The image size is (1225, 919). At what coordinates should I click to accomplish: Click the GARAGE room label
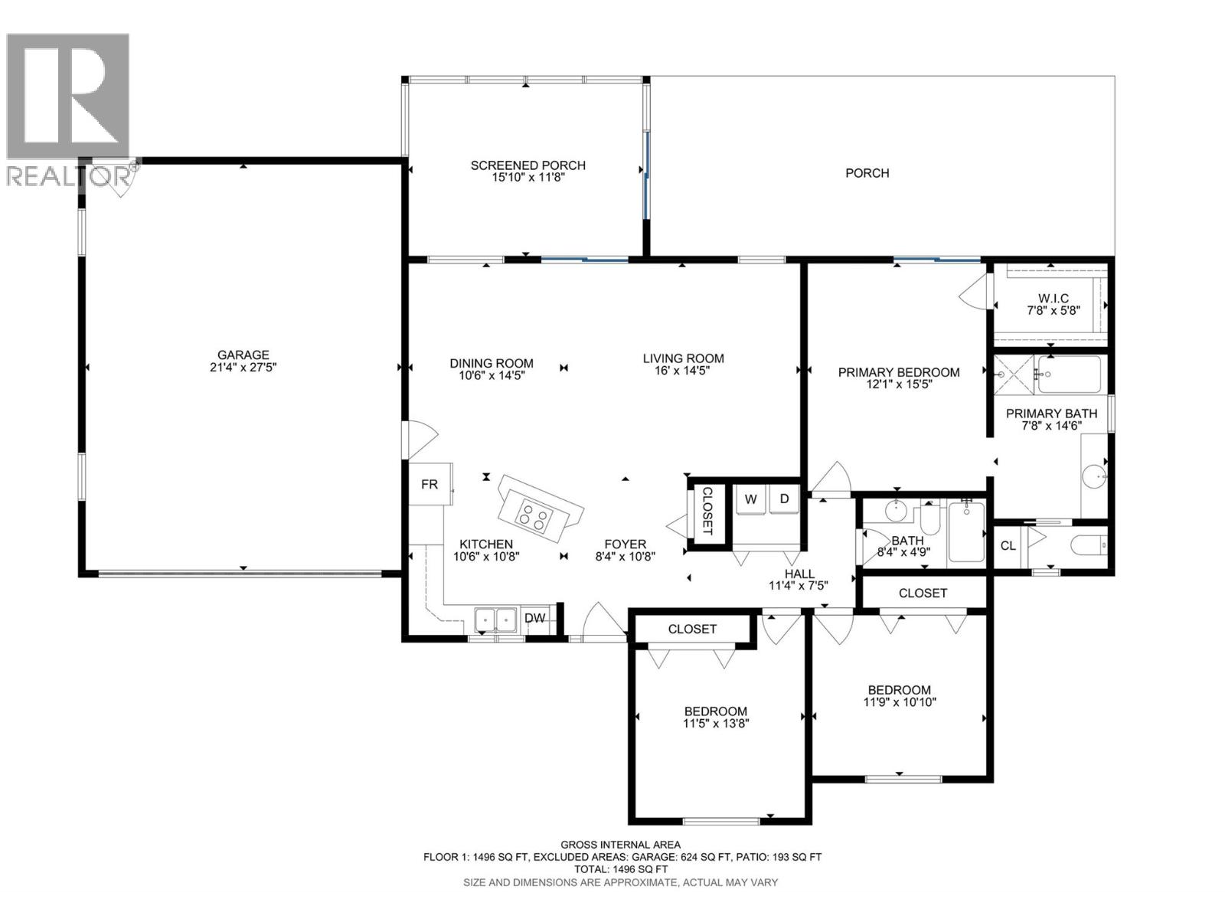click(243, 355)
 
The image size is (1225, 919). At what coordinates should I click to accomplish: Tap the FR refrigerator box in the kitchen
click(430, 484)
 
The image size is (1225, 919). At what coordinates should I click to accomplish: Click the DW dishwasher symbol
click(534, 618)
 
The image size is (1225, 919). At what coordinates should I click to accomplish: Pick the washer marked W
click(751, 499)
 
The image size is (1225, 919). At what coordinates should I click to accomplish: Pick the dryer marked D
click(784, 499)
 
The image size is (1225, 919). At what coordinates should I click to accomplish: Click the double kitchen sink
click(495, 619)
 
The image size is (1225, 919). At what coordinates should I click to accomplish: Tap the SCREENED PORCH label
click(528, 165)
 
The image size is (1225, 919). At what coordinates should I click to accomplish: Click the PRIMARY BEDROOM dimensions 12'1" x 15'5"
click(898, 385)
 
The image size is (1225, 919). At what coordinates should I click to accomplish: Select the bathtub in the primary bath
click(1069, 374)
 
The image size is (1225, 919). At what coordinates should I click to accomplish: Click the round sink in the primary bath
click(1095, 476)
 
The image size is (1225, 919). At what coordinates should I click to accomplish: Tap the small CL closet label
click(1008, 546)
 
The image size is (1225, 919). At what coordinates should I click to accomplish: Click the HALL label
click(799, 574)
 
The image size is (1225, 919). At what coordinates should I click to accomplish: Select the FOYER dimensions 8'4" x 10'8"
click(626, 558)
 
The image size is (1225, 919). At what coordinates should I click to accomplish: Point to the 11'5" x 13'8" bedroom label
click(715, 723)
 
